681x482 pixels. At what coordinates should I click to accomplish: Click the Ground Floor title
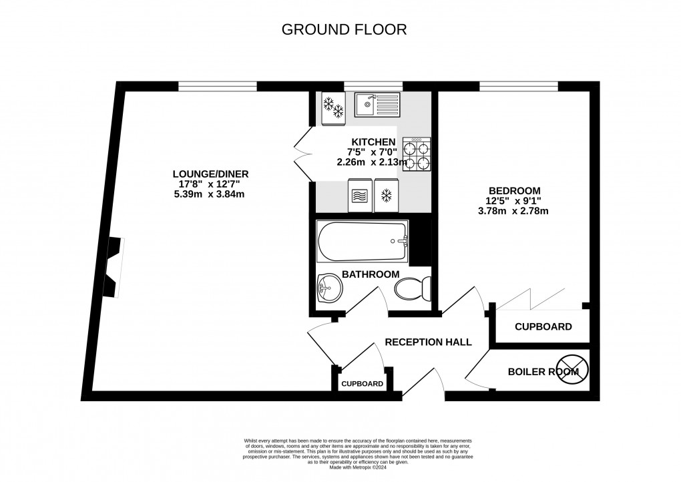344,29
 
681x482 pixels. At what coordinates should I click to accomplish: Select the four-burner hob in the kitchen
416,155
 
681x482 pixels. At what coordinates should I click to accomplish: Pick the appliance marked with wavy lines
358,196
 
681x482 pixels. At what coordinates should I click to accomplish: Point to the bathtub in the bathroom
362,242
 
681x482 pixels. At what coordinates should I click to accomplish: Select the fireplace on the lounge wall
113,267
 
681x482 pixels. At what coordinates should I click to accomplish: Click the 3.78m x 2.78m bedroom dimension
513,212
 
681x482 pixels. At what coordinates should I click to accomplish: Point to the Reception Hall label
429,342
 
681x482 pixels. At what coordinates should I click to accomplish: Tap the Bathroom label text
371,274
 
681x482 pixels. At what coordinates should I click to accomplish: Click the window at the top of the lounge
217,85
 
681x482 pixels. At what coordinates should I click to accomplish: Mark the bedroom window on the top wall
519,85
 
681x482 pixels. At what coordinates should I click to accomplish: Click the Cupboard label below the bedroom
543,327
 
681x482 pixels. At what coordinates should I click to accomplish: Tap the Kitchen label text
375,142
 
